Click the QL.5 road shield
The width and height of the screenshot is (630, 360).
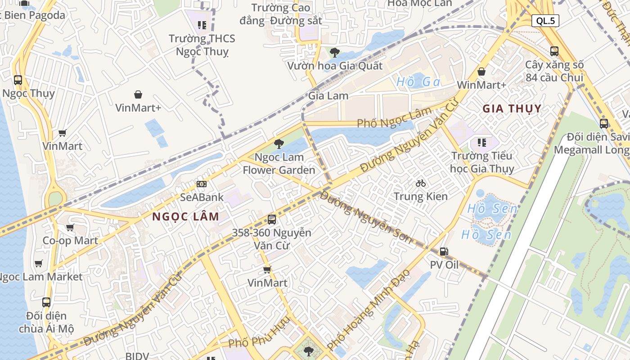(x=545, y=20)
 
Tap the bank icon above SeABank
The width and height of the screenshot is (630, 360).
(x=202, y=184)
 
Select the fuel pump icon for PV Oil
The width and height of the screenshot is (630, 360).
(x=444, y=252)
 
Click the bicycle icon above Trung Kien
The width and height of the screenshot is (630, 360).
(x=421, y=183)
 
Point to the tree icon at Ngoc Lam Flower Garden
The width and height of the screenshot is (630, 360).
(x=279, y=144)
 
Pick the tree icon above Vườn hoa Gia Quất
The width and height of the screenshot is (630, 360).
(x=334, y=53)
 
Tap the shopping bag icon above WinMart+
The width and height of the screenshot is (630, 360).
(x=481, y=72)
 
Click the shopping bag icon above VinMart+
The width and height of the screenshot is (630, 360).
(x=138, y=94)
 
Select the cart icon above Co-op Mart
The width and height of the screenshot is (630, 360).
(x=70, y=227)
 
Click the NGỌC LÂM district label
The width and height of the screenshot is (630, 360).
(x=185, y=216)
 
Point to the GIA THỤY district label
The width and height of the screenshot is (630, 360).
(x=512, y=108)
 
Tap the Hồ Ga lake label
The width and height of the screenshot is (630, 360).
(x=418, y=82)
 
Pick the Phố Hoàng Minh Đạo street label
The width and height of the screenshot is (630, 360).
(x=369, y=310)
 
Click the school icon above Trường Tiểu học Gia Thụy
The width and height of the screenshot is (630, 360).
(x=481, y=143)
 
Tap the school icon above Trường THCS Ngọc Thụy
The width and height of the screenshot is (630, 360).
(x=202, y=25)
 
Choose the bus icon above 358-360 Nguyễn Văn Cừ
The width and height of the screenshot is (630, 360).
(x=272, y=220)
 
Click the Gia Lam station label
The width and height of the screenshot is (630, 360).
(x=328, y=95)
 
